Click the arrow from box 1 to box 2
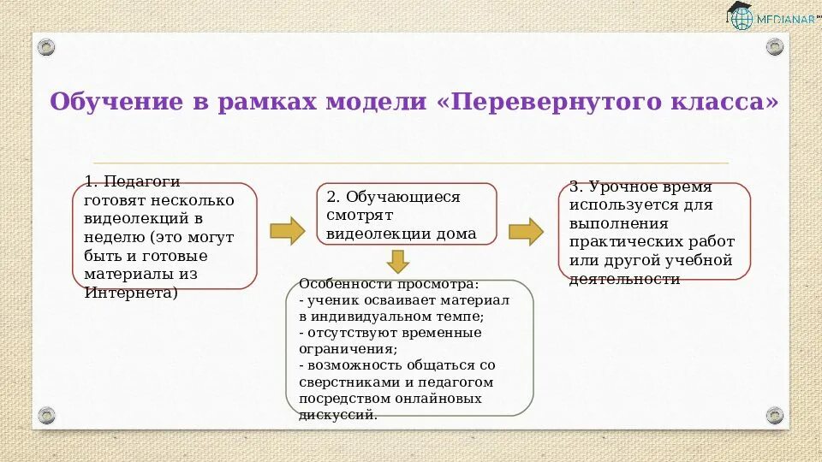pyautogui.click(x=287, y=231)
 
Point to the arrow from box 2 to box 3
pyautogui.click(x=526, y=231)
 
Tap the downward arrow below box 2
pyautogui.click(x=397, y=260)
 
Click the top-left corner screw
pyautogui.click(x=46, y=46)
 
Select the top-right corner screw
pyautogui.click(x=775, y=46)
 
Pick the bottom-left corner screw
pyautogui.click(x=46, y=416)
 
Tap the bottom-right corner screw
pyautogui.click(x=775, y=416)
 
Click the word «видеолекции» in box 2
pyautogui.click(x=369, y=234)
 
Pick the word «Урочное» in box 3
pyautogui.click(x=631, y=187)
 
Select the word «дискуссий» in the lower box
pyautogui.click(x=337, y=415)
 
